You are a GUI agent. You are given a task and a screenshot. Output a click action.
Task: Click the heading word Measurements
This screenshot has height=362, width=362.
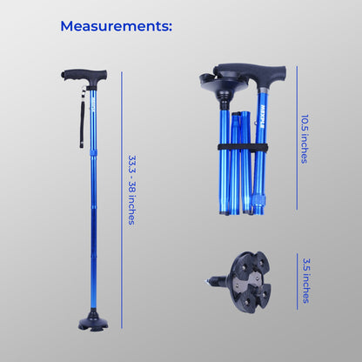click(116, 26)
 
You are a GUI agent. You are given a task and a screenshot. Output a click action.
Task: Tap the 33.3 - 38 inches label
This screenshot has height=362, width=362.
click(132, 190)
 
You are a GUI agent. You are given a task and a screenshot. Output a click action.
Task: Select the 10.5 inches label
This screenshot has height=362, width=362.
click(305, 139)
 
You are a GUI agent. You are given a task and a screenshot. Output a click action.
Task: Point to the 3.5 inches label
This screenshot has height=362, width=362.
click(306, 280)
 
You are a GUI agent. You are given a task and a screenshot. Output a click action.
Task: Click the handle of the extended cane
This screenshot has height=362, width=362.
click(84, 77)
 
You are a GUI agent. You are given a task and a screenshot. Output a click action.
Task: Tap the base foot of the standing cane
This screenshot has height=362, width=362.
click(93, 323)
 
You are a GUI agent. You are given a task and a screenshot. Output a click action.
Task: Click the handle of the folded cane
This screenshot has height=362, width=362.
click(251, 72)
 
